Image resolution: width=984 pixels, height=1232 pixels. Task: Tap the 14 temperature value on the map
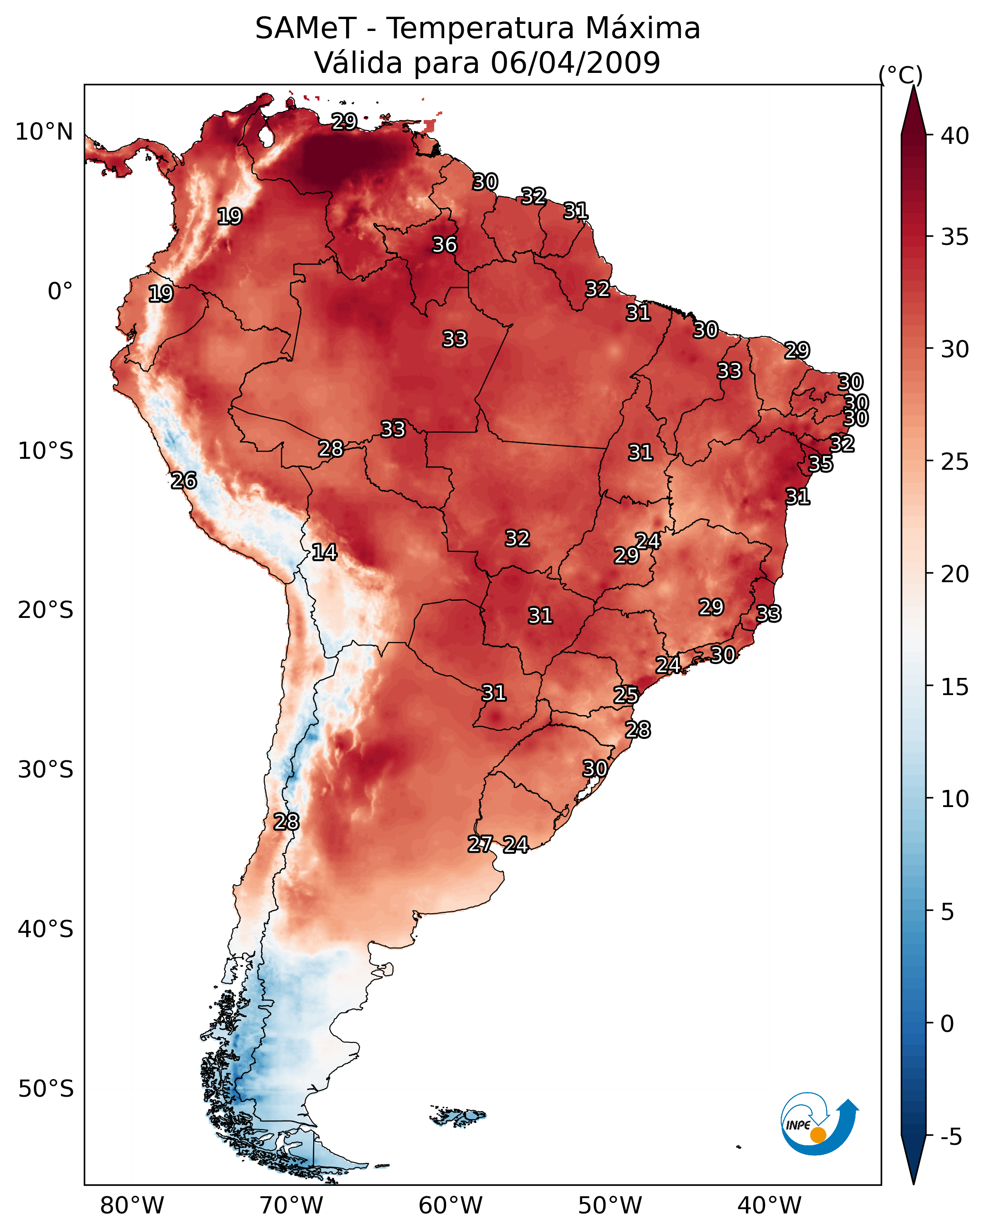click(324, 552)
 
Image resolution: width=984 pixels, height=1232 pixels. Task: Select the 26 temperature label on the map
click(184, 481)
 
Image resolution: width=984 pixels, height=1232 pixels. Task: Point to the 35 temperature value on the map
click(821, 464)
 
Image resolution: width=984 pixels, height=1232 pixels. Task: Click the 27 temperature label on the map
click(480, 844)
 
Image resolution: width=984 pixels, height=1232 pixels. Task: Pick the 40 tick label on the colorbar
click(955, 136)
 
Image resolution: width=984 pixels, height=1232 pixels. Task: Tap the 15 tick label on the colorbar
click(955, 687)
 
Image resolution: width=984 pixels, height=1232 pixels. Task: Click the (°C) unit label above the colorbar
click(901, 75)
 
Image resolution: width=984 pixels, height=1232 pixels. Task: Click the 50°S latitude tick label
click(46, 1089)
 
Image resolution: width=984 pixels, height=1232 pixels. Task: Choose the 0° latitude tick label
click(60, 292)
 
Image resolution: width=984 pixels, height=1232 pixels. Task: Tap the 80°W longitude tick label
click(132, 1206)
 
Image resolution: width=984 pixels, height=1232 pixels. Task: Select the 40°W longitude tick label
click(769, 1206)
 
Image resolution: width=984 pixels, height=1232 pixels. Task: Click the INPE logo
click(818, 1125)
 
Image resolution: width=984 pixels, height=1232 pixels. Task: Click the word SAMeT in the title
click(306, 29)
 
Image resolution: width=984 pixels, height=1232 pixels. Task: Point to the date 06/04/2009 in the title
click(576, 63)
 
